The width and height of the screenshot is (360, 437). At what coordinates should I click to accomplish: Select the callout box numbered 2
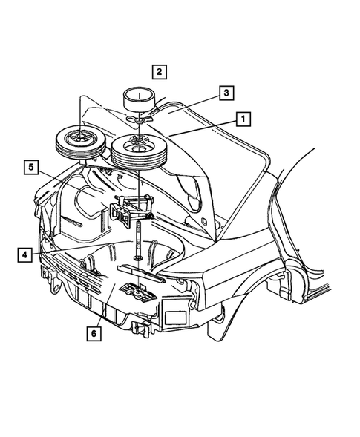pos(160,72)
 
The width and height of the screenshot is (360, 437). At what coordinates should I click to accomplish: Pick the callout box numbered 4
pos(25,255)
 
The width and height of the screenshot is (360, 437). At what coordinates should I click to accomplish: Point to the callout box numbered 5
pos(30,166)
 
